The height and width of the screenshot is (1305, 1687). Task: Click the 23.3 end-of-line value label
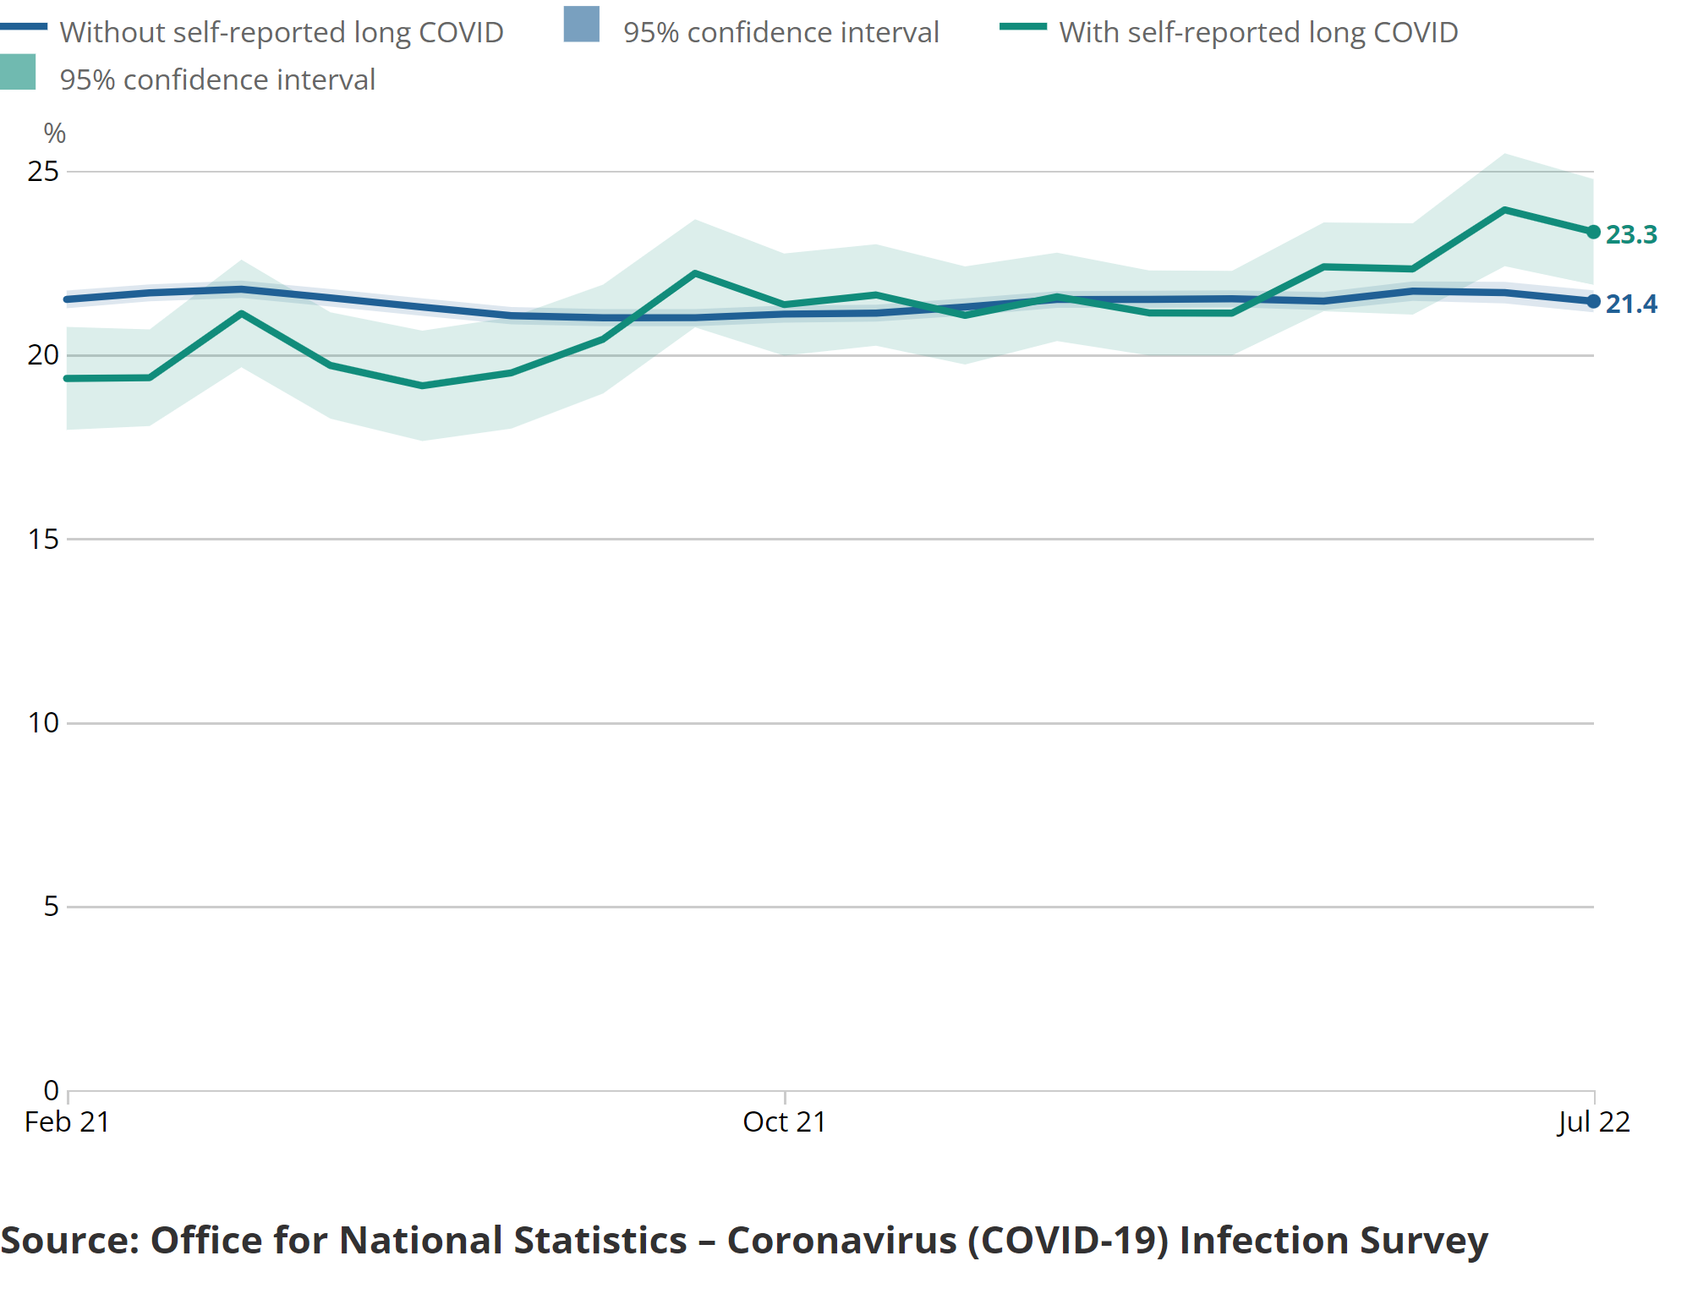point(1631,234)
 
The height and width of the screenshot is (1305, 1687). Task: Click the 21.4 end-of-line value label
point(1631,304)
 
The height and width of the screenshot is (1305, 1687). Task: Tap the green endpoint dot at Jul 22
point(1593,232)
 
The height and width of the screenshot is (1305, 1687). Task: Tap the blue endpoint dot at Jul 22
point(1593,301)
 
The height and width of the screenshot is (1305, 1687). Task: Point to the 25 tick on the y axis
point(43,172)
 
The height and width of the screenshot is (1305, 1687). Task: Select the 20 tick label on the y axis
point(43,355)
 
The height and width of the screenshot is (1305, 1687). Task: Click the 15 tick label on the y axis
point(43,539)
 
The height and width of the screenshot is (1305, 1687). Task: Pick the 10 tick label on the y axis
point(43,722)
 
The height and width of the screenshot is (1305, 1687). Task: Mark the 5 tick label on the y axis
point(51,906)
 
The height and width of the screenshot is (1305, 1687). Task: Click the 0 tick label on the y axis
point(51,1090)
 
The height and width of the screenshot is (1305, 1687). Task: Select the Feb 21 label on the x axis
point(68,1121)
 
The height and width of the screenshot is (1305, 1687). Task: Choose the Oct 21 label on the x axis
point(784,1121)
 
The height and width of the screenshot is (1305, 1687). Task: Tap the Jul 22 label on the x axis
point(1593,1121)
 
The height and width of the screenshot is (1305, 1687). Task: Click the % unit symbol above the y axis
point(55,133)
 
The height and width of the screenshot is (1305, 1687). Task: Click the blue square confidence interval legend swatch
point(582,25)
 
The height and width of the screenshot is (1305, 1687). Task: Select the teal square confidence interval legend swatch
point(18,72)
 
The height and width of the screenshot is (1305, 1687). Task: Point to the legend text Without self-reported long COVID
point(282,32)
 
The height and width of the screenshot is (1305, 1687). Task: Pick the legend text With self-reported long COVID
point(1258,32)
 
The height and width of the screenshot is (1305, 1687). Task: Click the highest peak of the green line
point(1504,210)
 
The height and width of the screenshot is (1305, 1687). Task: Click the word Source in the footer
point(70,1240)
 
